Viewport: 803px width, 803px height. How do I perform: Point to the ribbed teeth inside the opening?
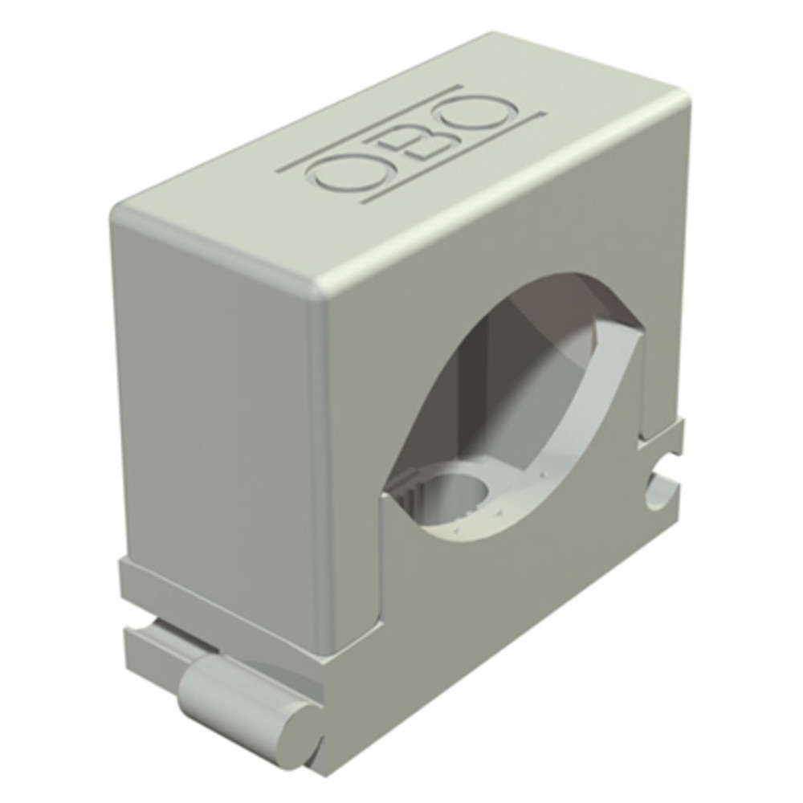pos(405,491)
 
